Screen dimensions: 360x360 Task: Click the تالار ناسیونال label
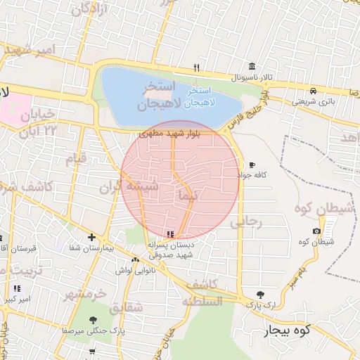[x=242, y=75]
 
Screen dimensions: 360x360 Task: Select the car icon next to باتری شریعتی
[x=312, y=91]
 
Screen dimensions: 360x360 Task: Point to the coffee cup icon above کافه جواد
[x=252, y=165]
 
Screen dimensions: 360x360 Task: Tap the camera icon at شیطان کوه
[x=317, y=231]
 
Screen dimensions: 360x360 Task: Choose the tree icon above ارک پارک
[x=261, y=295]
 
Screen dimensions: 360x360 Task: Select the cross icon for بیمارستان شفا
[x=91, y=237]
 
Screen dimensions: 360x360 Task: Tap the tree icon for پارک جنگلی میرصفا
[x=93, y=319]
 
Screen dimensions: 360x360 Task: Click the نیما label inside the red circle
[x=188, y=193]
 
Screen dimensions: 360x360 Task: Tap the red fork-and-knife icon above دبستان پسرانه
[x=169, y=233]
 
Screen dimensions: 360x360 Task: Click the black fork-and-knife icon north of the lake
[x=197, y=68]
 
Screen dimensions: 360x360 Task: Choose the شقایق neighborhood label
[x=127, y=307]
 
